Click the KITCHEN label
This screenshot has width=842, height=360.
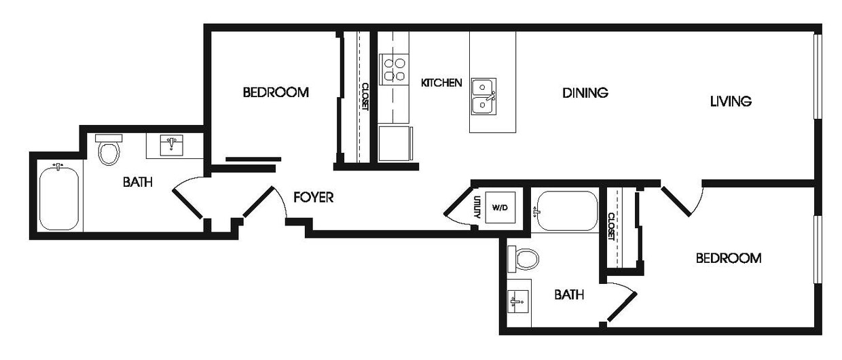click(441, 83)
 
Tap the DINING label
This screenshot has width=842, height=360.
click(585, 92)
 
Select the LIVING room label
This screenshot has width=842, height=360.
click(731, 102)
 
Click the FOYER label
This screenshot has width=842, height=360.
click(313, 198)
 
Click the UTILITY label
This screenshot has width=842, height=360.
click(477, 206)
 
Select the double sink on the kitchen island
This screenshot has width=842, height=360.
click(483, 96)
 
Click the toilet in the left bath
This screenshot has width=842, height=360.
click(109, 150)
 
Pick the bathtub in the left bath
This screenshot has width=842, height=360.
click(58, 199)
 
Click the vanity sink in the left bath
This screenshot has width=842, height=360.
click(174, 145)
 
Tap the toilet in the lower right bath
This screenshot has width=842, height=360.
click(526, 258)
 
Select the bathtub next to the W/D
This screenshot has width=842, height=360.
click(566, 211)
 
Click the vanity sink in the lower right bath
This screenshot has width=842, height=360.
click(517, 301)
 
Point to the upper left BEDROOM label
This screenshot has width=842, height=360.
click(276, 92)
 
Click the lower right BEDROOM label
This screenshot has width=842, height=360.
click(728, 258)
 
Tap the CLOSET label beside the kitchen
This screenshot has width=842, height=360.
click(365, 96)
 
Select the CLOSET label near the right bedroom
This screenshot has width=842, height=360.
click(610, 227)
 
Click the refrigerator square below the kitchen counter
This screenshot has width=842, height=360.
click(395, 143)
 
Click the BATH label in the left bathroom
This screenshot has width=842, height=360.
click(137, 182)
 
